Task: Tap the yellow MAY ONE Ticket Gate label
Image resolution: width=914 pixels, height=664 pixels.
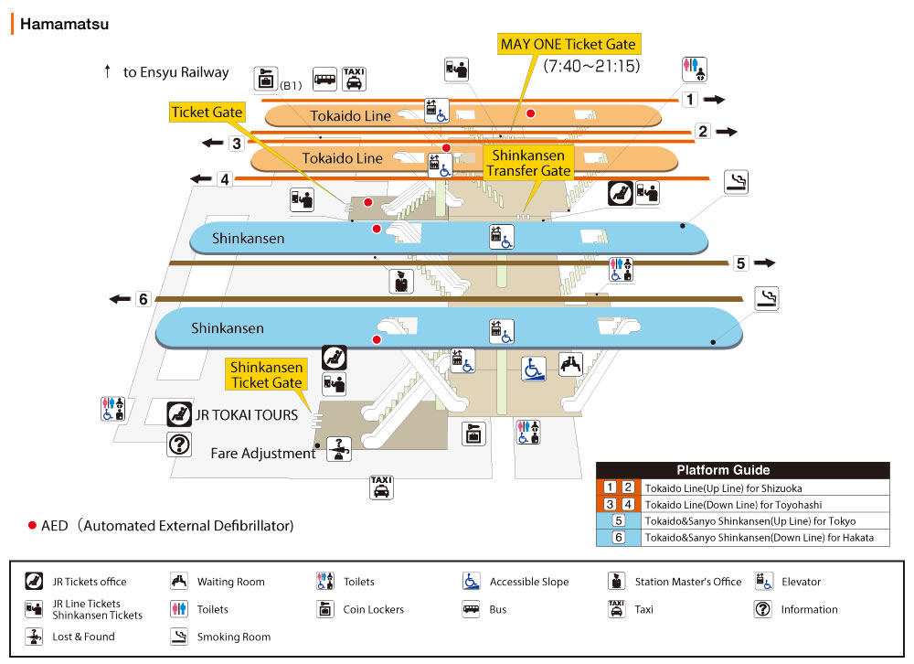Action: point(567,44)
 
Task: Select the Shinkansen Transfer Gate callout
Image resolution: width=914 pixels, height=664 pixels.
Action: point(528,163)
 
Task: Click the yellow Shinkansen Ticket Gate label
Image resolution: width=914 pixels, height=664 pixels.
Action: point(266,375)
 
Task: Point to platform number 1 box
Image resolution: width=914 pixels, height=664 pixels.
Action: point(690,100)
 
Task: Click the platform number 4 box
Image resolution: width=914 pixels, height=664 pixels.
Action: point(225,179)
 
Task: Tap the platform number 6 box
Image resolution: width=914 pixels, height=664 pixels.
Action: point(143,299)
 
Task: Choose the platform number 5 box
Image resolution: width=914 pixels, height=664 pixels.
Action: point(741,263)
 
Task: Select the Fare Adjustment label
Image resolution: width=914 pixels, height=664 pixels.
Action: point(262,453)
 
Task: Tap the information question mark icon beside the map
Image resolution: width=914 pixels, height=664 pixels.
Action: point(179,445)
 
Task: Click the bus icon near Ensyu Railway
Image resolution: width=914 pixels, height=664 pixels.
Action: point(324,79)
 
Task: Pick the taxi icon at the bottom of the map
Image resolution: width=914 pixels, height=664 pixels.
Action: point(381,487)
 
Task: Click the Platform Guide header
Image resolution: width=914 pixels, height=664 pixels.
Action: point(741,470)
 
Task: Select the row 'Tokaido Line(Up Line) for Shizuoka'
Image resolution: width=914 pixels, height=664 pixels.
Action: point(722,488)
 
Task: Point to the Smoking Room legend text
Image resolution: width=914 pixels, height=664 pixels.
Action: point(234,637)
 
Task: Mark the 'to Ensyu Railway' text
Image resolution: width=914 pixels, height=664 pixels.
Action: point(176,72)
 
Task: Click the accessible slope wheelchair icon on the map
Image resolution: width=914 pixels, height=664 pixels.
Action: point(534,368)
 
